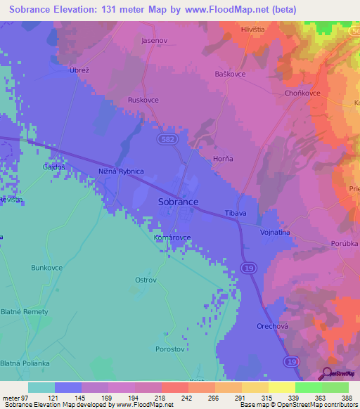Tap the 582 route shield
pyautogui.click(x=162, y=141)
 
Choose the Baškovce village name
pyautogui.click(x=231, y=74)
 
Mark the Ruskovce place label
pyautogui.click(x=143, y=100)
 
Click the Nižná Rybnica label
pyautogui.click(x=121, y=171)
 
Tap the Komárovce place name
pyautogui.click(x=172, y=238)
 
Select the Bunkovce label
pyautogui.click(x=47, y=268)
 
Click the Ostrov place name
pyautogui.click(x=146, y=280)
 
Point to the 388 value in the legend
pyautogui.click(x=347, y=397)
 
